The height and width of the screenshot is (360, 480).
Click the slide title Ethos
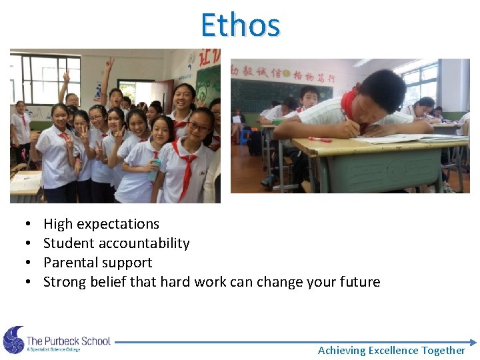click(240, 25)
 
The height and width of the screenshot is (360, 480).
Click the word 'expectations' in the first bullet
click(117, 225)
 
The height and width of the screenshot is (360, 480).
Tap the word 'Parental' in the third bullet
click(69, 263)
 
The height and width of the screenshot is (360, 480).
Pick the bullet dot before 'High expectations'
click(25, 225)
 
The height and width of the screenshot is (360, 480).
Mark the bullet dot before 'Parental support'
click(25, 263)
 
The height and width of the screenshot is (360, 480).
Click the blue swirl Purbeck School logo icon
click(13, 340)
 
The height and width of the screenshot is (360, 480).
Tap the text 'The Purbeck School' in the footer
click(68, 341)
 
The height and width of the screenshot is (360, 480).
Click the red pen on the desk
click(319, 139)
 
